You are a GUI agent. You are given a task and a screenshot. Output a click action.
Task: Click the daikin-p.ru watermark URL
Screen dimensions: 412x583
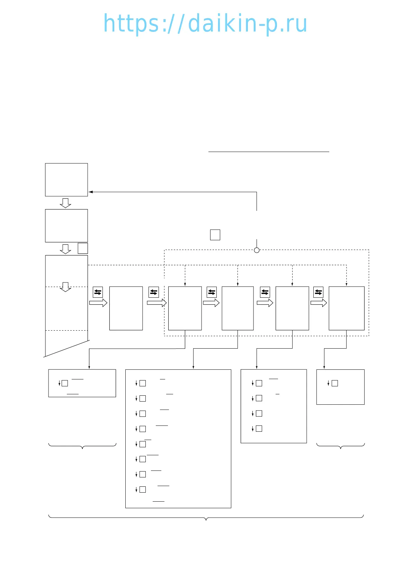tap(205, 24)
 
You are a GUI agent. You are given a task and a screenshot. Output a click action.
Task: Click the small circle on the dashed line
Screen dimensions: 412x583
tap(257, 250)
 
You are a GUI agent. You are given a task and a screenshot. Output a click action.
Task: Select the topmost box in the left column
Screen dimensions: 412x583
tap(66, 180)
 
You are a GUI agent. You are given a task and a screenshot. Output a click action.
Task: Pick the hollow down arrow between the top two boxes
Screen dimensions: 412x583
tap(65, 203)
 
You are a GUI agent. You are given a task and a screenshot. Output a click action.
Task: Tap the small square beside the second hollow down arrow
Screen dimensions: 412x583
tap(83, 248)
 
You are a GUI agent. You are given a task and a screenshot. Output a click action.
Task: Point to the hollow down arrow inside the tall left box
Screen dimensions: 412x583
tap(65, 287)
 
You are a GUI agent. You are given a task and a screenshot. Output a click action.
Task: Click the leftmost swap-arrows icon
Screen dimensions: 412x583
tap(98, 292)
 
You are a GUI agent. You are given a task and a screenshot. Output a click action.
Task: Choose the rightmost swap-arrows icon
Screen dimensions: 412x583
tap(318, 292)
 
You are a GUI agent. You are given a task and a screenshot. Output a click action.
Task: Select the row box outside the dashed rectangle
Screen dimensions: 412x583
tap(126, 308)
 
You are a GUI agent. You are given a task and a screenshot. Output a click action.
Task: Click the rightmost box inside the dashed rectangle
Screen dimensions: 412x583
tap(347, 308)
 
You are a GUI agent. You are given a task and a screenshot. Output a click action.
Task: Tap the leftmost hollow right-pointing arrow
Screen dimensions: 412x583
tap(98, 303)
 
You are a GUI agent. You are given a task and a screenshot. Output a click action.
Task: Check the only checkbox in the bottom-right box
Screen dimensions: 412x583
tap(335, 383)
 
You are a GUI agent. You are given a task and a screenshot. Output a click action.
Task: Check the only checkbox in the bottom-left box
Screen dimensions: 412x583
tap(65, 383)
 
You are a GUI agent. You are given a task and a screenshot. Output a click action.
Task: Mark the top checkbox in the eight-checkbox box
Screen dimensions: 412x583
tap(143, 383)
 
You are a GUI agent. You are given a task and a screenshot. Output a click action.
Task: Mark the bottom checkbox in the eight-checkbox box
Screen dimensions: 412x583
tap(143, 490)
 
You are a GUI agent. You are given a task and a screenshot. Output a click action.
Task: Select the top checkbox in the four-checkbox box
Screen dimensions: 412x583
tap(259, 383)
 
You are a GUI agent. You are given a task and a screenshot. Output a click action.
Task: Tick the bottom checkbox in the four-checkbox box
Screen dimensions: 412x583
tap(259, 429)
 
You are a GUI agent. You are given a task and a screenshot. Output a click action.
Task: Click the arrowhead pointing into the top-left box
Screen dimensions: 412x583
tap(91, 192)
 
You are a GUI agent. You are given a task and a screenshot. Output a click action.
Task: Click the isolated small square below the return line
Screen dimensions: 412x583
tap(215, 235)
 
